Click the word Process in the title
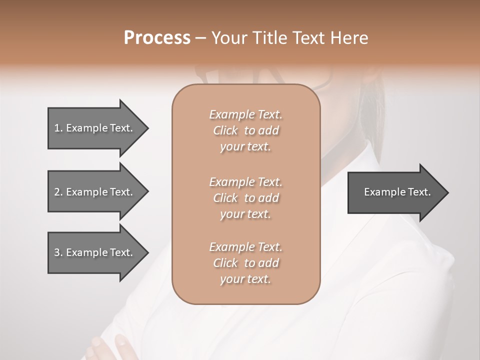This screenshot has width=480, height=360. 156,37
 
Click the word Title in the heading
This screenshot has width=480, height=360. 270,37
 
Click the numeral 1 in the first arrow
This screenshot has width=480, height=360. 57,128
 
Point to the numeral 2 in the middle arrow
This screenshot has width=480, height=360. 57,192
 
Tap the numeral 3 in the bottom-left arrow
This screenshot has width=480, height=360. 57,252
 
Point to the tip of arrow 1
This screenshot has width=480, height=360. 146,128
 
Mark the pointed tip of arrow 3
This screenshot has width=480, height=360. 146,252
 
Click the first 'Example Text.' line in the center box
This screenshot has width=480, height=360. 245,114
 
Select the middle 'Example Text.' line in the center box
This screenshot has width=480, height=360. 245,181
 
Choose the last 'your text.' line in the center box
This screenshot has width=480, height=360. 245,279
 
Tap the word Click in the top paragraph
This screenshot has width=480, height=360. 225,130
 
